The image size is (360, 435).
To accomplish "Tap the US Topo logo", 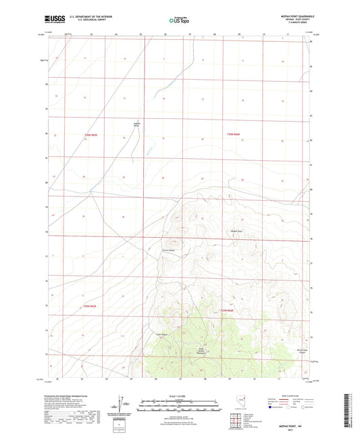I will click(178, 20).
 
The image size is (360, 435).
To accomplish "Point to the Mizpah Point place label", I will click(233, 232).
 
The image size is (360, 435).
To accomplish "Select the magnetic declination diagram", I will click(124, 403).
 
